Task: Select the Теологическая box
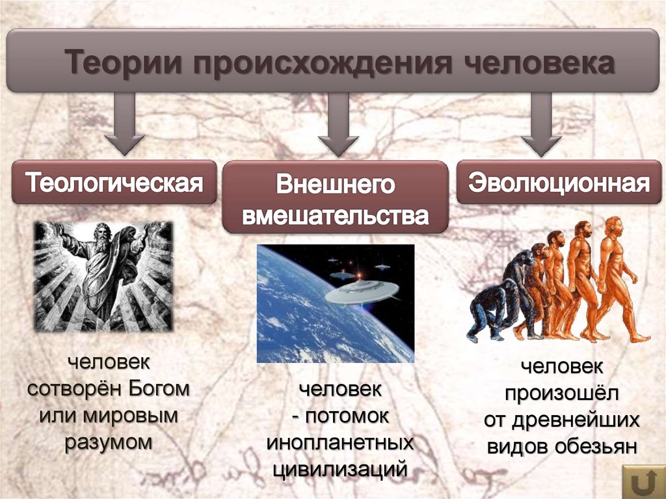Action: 114,182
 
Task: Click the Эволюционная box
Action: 560,182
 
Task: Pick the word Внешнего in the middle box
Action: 335,185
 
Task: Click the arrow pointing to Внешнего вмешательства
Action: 338,124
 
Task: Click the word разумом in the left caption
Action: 109,442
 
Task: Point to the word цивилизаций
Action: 340,468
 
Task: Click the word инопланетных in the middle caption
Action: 340,442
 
